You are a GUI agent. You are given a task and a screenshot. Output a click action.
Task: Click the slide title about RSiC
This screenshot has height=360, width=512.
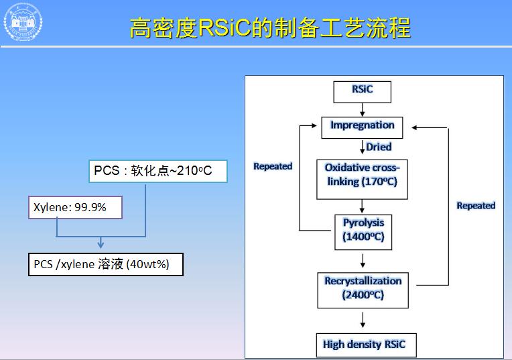[x=269, y=29]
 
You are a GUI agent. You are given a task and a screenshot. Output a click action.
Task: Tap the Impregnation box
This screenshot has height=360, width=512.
[x=363, y=126]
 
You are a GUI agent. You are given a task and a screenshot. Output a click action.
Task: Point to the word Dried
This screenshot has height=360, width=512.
[x=379, y=147]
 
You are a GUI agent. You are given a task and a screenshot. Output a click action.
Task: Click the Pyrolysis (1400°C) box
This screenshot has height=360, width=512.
[x=363, y=231]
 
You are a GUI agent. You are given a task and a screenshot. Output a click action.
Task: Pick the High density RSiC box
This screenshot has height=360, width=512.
[x=365, y=345]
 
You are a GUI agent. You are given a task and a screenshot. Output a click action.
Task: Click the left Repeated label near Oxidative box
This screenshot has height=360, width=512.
[x=273, y=166]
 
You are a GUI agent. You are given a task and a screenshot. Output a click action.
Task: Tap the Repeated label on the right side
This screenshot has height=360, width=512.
[x=476, y=205]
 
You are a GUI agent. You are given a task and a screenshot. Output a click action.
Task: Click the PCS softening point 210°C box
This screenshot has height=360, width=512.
[x=157, y=171]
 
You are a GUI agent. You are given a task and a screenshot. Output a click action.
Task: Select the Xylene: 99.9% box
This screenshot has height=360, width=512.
[x=75, y=208]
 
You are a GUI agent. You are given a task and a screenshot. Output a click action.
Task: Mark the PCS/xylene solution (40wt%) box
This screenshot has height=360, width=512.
[x=105, y=264]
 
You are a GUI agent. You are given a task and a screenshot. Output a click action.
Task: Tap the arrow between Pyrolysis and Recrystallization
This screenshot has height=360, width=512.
[x=363, y=261]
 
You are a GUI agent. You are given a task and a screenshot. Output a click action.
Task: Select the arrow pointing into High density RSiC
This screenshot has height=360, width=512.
[x=363, y=320]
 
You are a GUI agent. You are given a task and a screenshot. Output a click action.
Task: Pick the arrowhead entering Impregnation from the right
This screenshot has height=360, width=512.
[x=415, y=126]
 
